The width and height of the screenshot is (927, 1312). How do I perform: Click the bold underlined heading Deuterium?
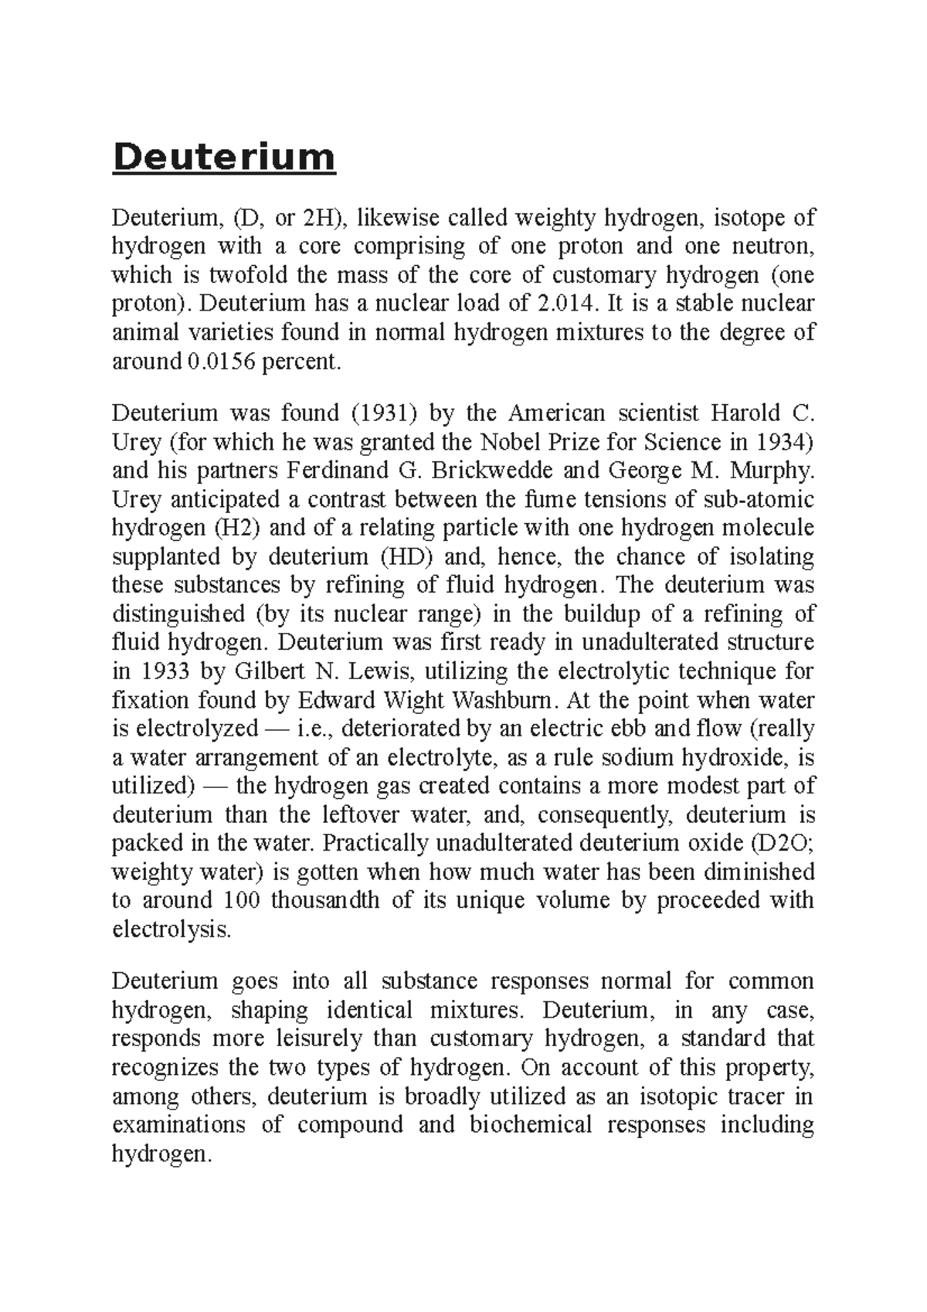click(224, 158)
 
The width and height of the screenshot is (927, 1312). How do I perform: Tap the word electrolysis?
click(171, 929)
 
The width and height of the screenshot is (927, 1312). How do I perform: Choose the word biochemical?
click(530, 1125)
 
